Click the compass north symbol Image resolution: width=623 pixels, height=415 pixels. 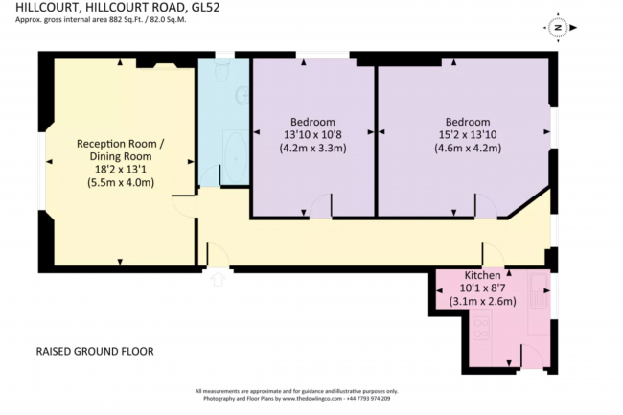click(x=556, y=29)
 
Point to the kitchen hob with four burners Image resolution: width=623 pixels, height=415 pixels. click(x=478, y=330)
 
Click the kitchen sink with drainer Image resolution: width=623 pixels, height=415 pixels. click(x=538, y=292)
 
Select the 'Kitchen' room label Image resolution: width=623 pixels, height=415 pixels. click(x=482, y=274)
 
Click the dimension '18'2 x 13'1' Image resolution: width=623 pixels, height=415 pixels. click(x=121, y=168)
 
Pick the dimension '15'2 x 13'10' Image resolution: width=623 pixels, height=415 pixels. click(x=469, y=135)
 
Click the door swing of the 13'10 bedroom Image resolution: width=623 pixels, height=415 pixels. click(x=320, y=205)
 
